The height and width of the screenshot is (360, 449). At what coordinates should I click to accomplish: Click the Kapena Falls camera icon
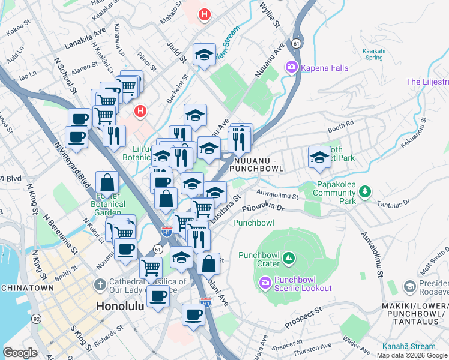(x=292, y=67)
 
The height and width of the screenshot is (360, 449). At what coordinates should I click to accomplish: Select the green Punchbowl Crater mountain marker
(x=289, y=259)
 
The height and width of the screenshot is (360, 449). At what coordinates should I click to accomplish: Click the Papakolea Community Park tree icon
(x=364, y=192)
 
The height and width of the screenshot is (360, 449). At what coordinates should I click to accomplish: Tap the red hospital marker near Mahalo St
(x=205, y=14)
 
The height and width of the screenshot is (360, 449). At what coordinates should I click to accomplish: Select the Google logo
(x=20, y=353)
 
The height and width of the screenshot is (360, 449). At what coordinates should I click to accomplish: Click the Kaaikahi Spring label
(x=374, y=55)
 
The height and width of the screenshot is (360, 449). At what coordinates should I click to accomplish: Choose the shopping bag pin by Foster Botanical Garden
(x=107, y=182)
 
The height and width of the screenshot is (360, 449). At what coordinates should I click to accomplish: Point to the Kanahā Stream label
(x=408, y=346)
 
